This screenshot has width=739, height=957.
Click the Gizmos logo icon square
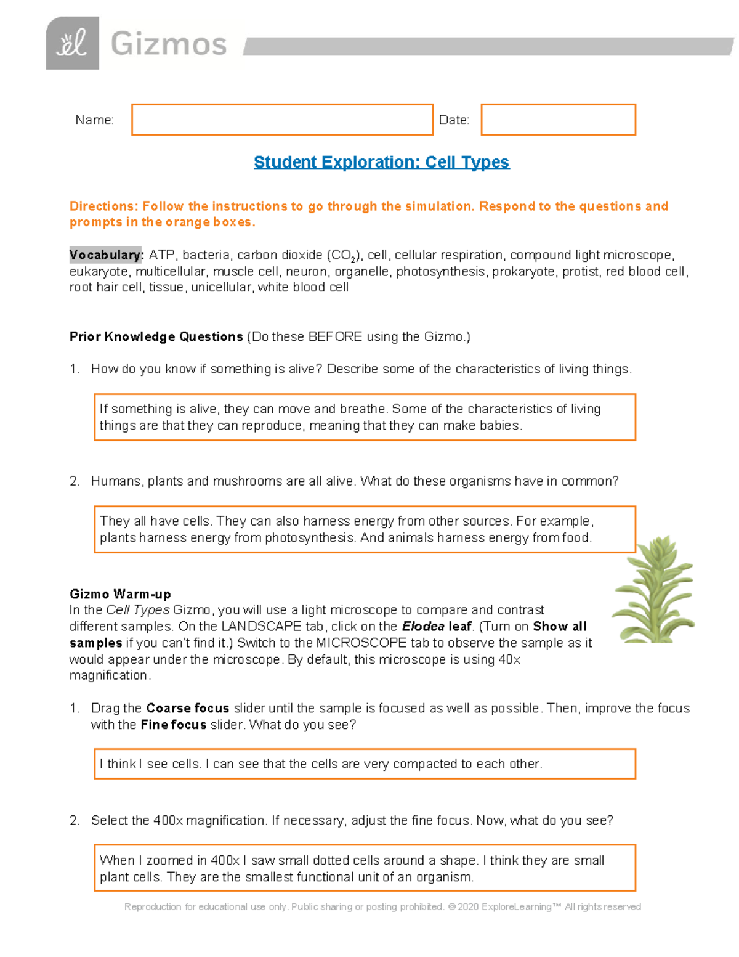[72, 43]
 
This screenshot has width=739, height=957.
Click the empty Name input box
[282, 120]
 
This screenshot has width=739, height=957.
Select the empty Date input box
[558, 120]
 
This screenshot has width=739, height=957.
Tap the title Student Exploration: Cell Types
[381, 162]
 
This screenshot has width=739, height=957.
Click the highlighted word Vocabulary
[106, 255]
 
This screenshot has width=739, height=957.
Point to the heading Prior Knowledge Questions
[156, 336]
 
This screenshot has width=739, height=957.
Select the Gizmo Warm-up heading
[120, 594]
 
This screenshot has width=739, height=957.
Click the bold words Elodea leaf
[437, 627]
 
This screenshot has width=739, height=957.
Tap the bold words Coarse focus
[187, 708]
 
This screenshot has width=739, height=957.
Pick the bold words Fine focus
[173, 725]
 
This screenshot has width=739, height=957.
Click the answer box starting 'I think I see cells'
[365, 764]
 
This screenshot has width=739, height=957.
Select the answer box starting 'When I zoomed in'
[365, 868]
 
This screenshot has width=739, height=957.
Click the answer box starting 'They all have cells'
[365, 529]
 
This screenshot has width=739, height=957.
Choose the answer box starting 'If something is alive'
[365, 417]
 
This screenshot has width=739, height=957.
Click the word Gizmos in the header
[169, 44]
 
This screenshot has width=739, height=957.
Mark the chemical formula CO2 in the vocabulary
[342, 255]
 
